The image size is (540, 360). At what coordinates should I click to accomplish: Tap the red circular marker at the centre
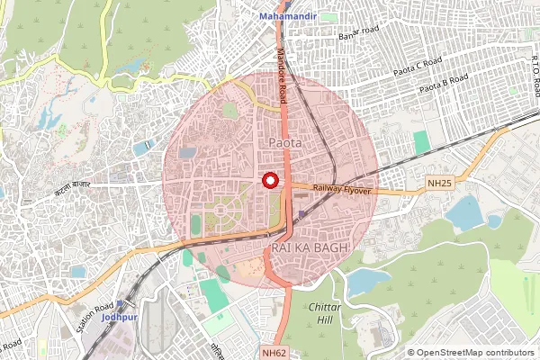tap(269, 180)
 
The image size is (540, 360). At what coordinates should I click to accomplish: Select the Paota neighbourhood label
tap(284, 142)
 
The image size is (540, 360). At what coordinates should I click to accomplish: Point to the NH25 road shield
tap(439, 184)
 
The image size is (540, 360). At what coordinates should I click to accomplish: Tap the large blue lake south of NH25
tap(463, 214)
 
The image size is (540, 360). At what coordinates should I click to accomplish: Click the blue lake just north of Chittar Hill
tap(368, 282)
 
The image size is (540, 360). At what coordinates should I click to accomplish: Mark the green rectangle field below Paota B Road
tap(421, 142)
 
